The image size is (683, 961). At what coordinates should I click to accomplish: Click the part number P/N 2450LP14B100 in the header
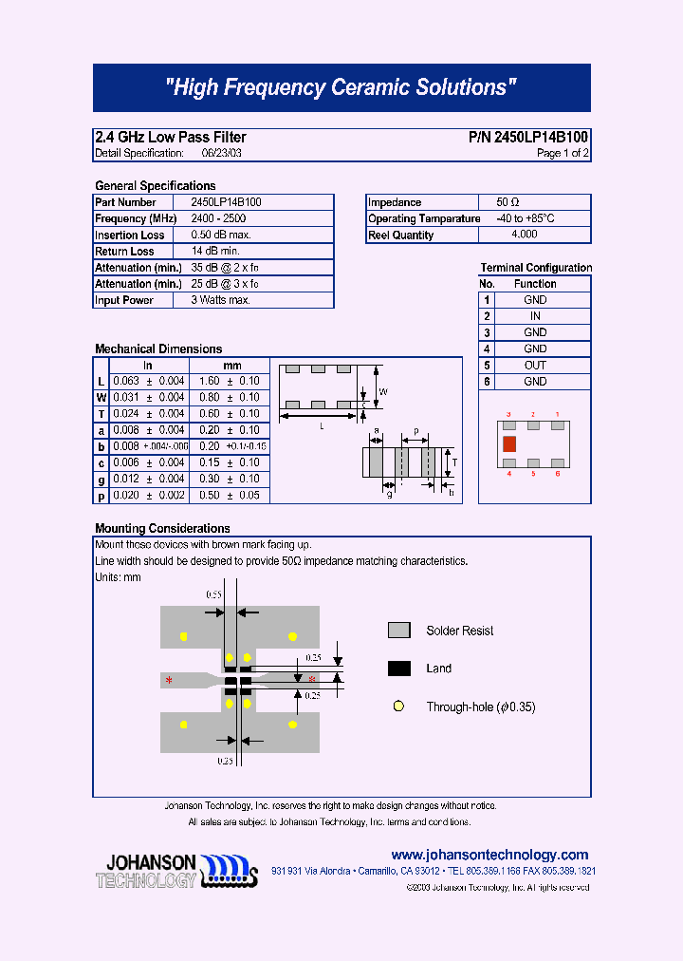coord(528,138)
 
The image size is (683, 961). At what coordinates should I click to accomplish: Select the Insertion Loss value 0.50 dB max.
coord(221,235)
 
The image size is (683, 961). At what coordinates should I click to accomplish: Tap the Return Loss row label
coord(124,252)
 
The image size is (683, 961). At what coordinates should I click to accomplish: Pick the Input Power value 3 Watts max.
coord(220,300)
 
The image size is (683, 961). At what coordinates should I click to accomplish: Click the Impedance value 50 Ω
coord(508,202)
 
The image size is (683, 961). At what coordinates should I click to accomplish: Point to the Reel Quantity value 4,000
coord(524,235)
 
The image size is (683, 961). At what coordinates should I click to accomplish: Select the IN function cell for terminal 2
coord(535,316)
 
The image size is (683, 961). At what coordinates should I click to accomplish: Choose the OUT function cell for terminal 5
coord(535,365)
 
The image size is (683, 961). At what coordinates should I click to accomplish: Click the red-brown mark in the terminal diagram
coord(509,443)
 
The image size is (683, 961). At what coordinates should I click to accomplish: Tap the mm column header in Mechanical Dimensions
coord(231,366)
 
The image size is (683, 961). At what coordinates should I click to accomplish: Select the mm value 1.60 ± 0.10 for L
coord(230,381)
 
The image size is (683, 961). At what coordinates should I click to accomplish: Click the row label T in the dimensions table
coord(102,414)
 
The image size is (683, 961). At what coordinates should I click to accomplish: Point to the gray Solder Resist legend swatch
coord(399,631)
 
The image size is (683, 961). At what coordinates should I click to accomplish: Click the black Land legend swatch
coord(399,669)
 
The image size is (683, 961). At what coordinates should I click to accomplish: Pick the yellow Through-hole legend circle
coord(399,707)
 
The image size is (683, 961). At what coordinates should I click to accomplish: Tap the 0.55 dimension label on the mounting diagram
coord(214,594)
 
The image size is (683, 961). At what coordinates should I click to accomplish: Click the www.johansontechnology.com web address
coord(489,855)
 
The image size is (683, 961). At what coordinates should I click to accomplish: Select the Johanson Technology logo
coord(176,870)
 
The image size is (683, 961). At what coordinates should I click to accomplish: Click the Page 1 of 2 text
coord(563,153)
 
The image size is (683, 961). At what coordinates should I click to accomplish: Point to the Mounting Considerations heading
coord(162,528)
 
